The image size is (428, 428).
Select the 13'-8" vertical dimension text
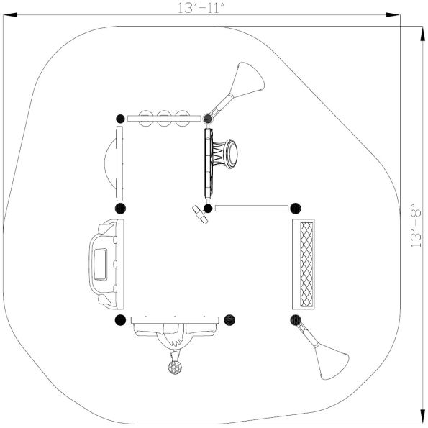tap(417, 224)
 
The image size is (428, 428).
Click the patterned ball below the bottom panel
tap(174, 368)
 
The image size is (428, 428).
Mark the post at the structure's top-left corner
tap(120, 117)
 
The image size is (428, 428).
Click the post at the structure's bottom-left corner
tap(120, 319)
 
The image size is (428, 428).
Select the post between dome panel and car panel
tap(120, 209)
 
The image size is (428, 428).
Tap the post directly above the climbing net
tap(295, 209)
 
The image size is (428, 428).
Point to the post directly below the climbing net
tap(295, 319)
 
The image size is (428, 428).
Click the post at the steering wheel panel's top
tap(209, 117)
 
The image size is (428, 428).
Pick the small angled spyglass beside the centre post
tap(199, 214)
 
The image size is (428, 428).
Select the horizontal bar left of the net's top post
tap(251, 209)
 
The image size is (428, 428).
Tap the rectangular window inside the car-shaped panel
tap(101, 263)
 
